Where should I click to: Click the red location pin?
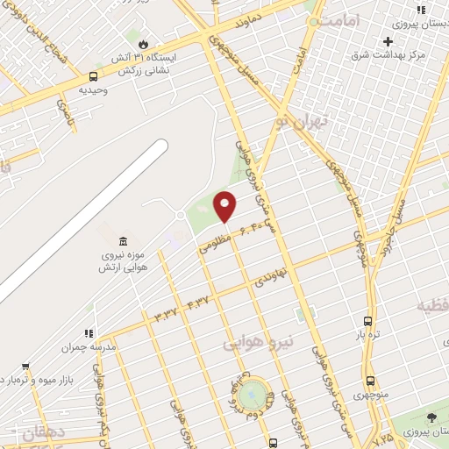225,206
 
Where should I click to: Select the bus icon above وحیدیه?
94,76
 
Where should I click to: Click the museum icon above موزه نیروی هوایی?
122,241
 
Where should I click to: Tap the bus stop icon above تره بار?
367,321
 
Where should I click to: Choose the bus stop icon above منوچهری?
370,381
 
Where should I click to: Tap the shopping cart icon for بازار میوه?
25,367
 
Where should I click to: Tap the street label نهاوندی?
270,279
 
